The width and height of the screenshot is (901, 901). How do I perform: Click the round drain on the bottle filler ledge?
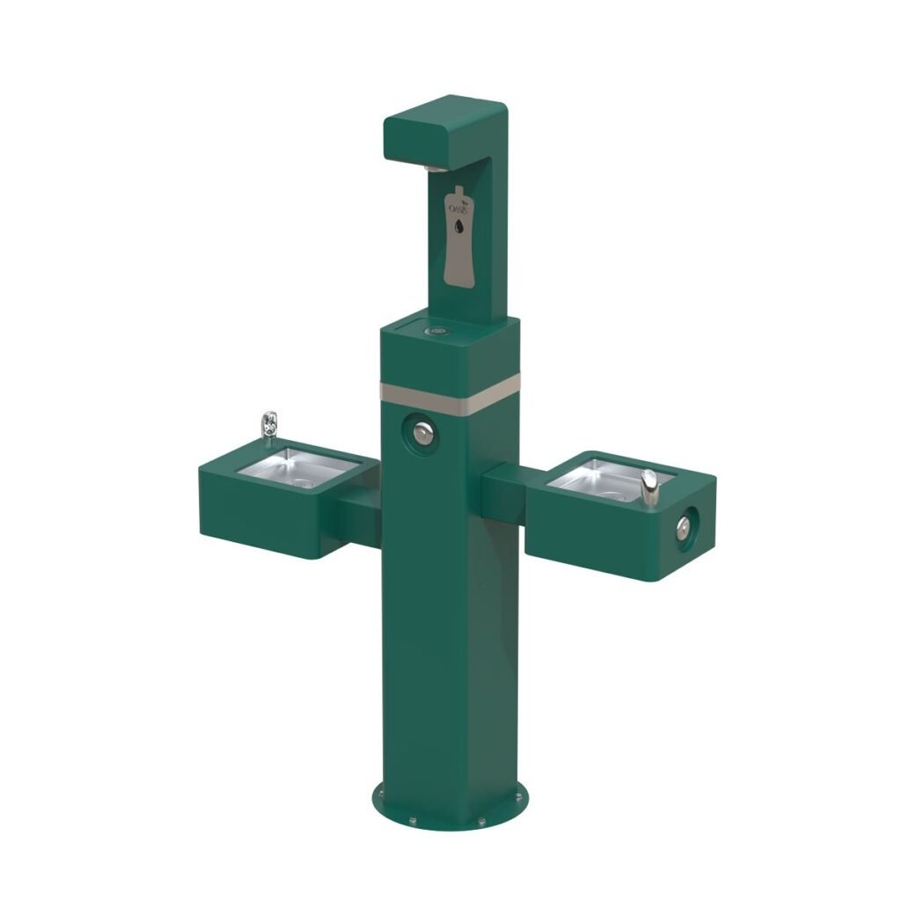pos(436,333)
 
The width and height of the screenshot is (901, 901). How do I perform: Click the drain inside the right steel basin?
pos(607,495)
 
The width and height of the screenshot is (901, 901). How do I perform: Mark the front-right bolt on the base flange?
pos(481,821)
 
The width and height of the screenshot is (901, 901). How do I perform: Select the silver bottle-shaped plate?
pos(458,238)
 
